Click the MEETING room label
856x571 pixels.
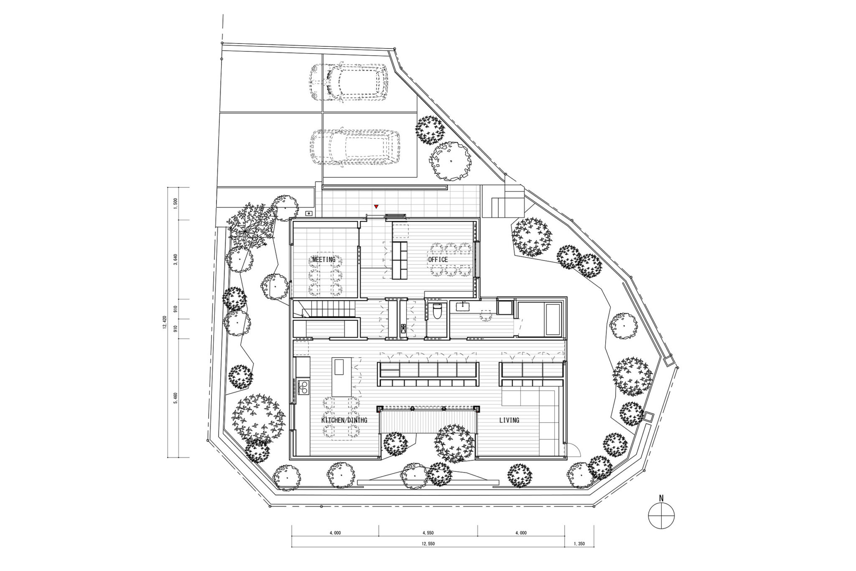tap(324, 259)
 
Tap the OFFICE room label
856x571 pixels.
tap(438, 259)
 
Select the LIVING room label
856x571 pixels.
tap(509, 420)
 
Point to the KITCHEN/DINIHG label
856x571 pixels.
tap(344, 420)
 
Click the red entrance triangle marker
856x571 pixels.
tap(376, 206)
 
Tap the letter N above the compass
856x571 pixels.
tap(661, 510)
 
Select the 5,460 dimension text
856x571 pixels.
tap(176, 398)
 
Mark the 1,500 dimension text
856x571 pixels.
tap(176, 203)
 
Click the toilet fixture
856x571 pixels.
tap(437, 311)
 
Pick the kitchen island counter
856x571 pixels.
tap(342, 377)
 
